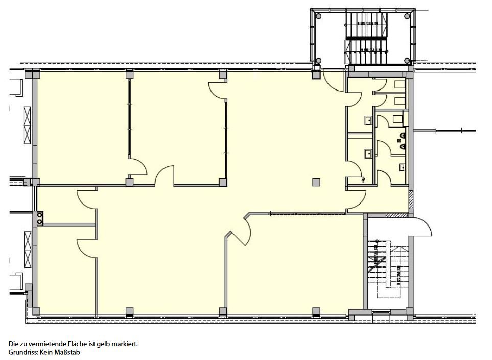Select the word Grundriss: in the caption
(23, 353)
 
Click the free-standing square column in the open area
(316, 183)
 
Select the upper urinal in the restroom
(402, 137)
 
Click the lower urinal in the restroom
(402, 147)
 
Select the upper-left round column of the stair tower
(318, 16)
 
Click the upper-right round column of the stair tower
(407, 16)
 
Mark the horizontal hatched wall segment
(396, 215)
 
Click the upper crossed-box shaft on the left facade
(27, 125)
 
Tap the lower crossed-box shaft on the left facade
(28, 250)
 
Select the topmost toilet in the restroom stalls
(399, 85)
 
